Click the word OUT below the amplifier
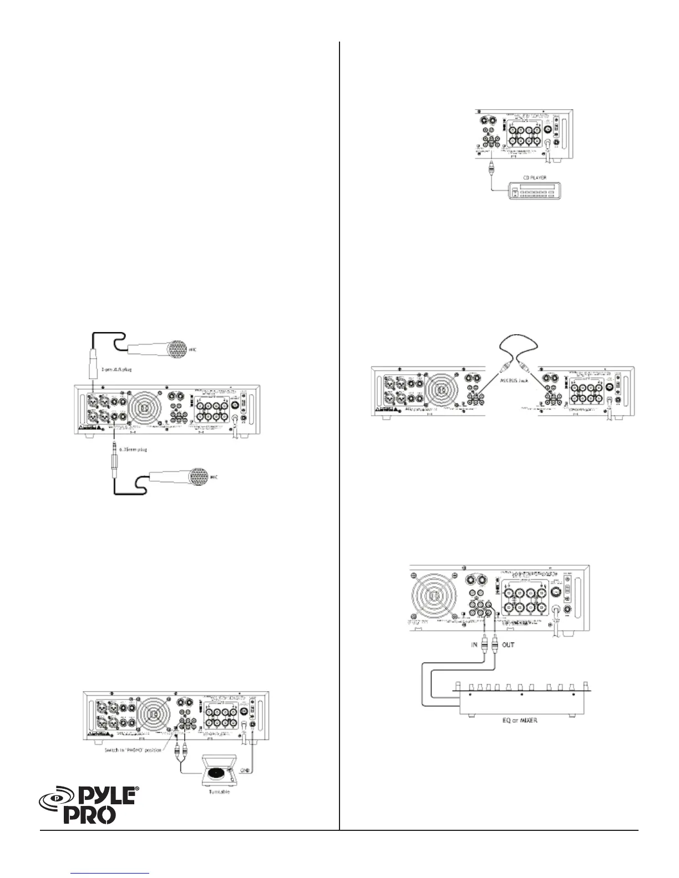(x=508, y=645)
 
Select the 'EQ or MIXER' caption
(x=516, y=721)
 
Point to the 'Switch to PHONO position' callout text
(x=128, y=749)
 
